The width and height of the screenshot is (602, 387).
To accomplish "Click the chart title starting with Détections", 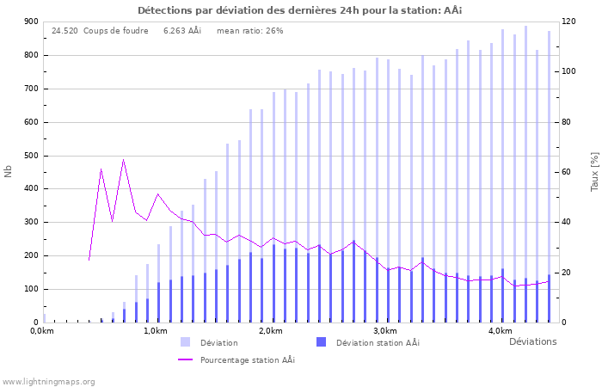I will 300,9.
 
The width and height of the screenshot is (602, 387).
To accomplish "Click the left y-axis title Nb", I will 9,172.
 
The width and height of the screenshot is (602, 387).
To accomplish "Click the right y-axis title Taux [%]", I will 593,172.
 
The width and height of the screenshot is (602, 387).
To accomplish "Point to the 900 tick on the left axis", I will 30,21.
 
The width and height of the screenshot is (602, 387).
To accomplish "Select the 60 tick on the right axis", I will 568,172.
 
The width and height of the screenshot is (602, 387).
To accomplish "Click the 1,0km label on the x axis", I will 155,331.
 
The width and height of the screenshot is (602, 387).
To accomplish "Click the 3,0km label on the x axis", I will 384,331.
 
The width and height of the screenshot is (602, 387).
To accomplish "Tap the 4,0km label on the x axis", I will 500,331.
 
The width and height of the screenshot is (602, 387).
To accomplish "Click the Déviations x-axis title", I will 532,341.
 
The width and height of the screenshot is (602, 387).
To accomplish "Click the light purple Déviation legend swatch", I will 185,342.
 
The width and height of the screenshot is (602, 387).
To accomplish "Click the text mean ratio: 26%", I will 249,31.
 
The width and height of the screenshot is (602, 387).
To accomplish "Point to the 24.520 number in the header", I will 64,31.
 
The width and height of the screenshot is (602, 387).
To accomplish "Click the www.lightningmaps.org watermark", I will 48,381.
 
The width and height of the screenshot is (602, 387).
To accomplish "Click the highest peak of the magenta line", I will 123,160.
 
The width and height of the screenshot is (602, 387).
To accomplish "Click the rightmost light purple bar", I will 549,172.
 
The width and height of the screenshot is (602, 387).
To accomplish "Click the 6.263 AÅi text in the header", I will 181,31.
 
